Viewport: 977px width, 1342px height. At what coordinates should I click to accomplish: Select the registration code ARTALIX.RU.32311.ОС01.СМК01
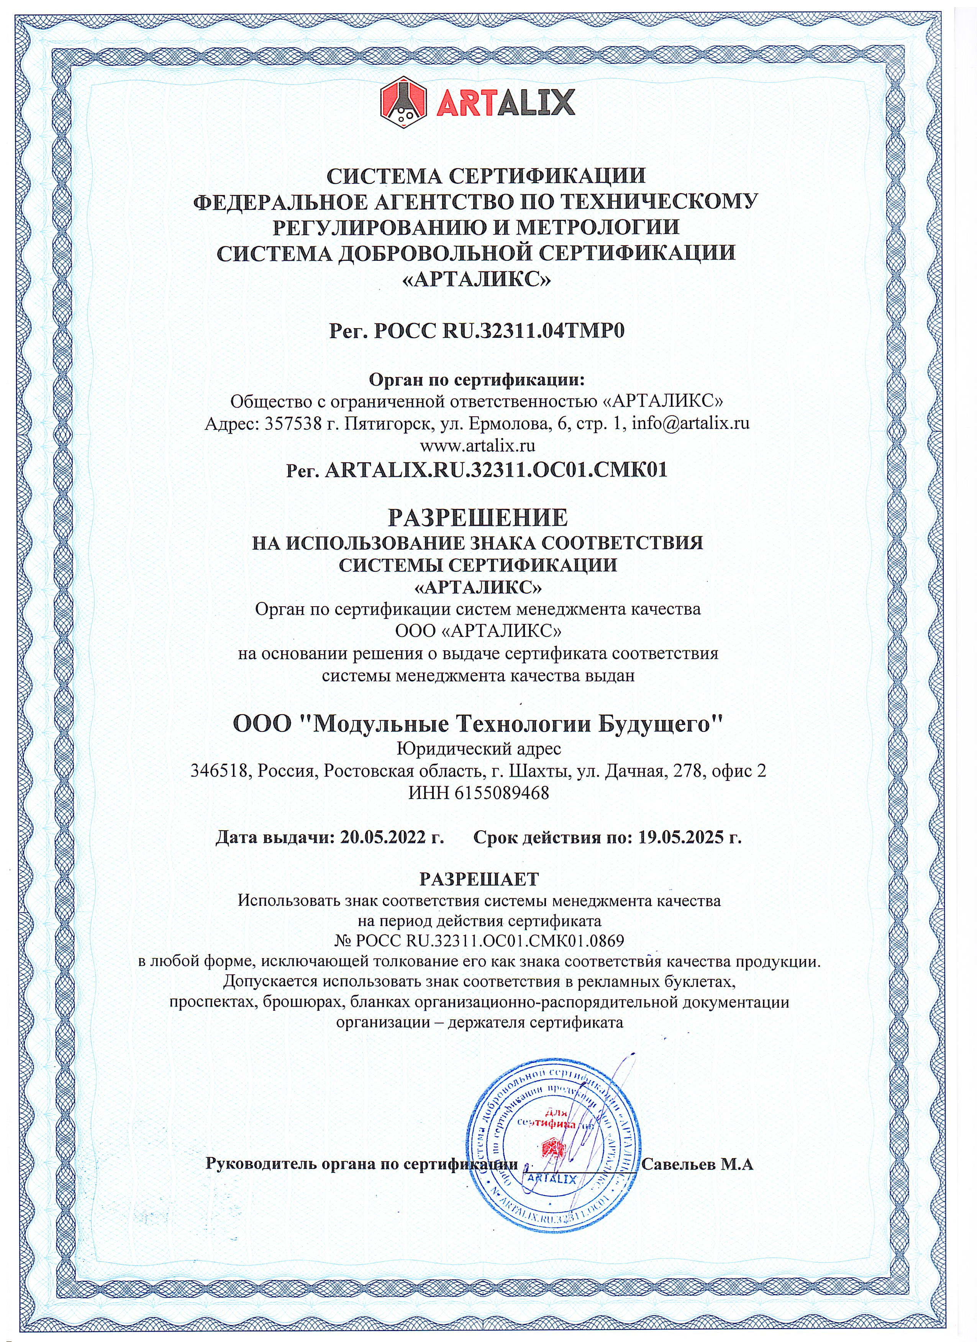(x=496, y=470)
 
